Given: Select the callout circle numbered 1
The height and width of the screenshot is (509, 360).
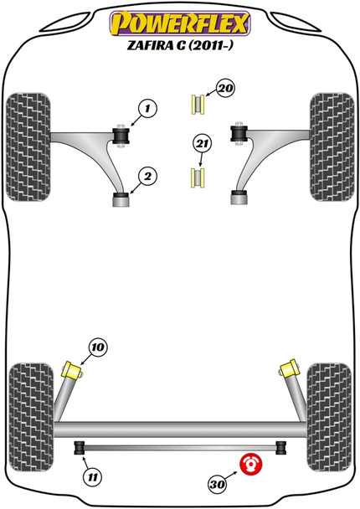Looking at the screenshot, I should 147,108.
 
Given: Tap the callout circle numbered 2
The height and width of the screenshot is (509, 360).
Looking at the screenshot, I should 147,176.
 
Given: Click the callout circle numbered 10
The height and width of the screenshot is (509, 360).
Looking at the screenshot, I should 99,347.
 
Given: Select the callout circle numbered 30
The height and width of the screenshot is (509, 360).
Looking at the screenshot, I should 219,482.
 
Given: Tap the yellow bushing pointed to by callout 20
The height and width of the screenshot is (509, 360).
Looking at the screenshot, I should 198,104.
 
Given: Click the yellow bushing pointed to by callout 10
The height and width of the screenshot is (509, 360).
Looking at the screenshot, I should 73,368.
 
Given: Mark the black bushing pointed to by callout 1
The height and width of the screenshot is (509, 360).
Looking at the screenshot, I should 120,133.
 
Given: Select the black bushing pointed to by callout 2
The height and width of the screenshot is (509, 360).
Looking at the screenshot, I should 121,198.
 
